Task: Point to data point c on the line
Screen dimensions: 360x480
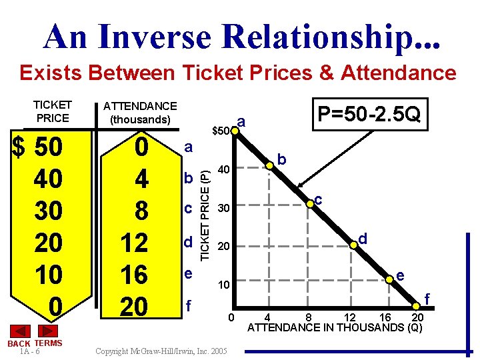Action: pos(310,203)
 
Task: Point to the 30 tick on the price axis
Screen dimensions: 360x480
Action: pos(225,209)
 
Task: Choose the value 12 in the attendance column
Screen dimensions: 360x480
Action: pos(134,243)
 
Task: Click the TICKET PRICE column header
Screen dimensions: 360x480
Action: pos(52,111)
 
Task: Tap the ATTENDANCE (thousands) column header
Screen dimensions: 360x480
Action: pos(140,113)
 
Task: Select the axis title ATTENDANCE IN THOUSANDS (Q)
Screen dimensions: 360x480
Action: pos(335,327)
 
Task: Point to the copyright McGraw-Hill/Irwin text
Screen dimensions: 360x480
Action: pos(161,351)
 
